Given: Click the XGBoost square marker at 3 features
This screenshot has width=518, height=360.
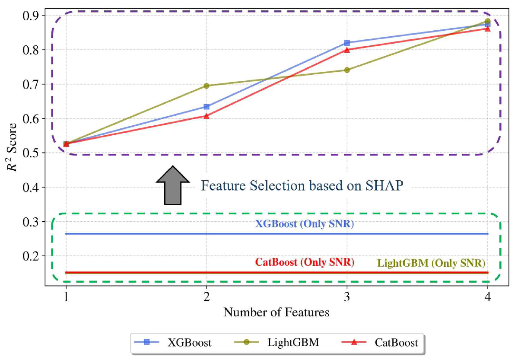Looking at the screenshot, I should click(347, 43).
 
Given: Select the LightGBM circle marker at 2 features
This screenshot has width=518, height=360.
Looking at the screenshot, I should click(207, 86).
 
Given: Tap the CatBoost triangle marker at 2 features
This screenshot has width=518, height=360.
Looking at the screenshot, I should click(207, 116).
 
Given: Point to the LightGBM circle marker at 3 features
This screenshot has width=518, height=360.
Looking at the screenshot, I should click(347, 70).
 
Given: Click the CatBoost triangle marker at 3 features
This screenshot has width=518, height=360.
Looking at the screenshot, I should click(347, 50).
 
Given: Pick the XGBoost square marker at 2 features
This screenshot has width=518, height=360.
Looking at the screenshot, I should click(207, 106).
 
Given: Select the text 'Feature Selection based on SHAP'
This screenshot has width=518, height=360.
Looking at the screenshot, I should click(302, 186).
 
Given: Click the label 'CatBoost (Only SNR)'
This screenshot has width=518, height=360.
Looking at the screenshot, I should click(305, 262).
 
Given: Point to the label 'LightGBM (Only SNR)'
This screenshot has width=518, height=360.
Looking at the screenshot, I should click(431, 263).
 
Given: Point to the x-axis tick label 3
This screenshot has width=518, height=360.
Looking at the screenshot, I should click(347, 297).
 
